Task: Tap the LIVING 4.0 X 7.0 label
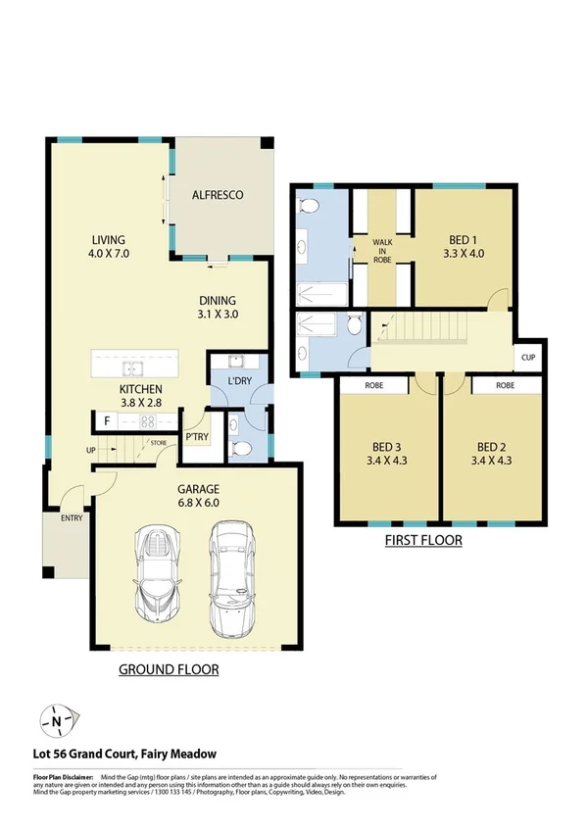click(110, 246)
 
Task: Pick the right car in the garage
click(231, 568)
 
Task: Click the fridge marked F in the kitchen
click(106, 421)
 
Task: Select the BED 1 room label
click(465, 246)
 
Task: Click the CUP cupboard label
click(528, 358)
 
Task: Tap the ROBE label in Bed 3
click(373, 386)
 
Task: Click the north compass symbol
click(57, 722)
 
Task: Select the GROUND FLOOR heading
click(169, 670)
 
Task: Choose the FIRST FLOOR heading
click(424, 540)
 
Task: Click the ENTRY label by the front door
click(71, 518)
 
